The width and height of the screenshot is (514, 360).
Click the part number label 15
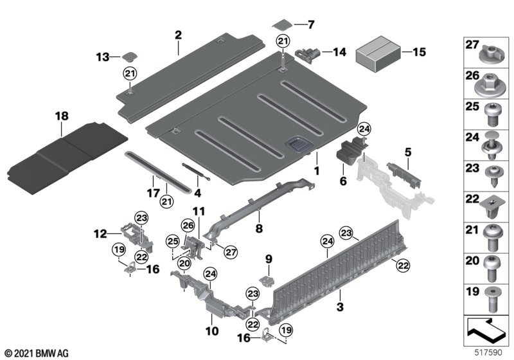pos(419,52)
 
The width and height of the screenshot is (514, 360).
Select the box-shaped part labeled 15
pos(378,54)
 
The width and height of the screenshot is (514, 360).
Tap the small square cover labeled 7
pos(282,24)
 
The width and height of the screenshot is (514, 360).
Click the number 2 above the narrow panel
pos(178,35)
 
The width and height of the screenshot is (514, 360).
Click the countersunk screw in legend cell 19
pos(492,299)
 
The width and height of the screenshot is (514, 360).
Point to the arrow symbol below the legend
pos(486,330)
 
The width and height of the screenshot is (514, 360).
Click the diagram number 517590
pos(488,352)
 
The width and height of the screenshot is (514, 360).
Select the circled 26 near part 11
pos(188,226)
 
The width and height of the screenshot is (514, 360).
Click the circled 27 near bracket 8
pos(231,252)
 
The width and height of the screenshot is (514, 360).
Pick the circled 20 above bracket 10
pos(184,264)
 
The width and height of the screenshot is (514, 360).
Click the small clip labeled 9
pos(267,281)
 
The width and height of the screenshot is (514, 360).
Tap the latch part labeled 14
pos(308,54)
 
